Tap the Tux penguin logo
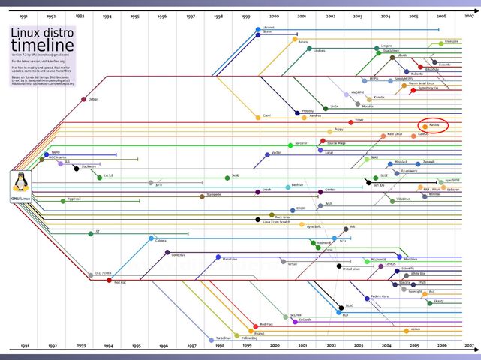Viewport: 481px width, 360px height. pos(20,182)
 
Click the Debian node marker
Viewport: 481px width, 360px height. pos(85,97)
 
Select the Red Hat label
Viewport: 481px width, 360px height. pos(121,282)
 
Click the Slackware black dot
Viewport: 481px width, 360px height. pos(77,169)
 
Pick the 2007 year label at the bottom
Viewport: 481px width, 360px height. pos(468,346)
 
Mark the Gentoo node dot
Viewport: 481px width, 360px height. pos(320,190)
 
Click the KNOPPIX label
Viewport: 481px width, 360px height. pos(357,91)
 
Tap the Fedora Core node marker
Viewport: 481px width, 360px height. pos(365,298)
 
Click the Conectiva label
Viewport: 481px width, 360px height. pos(178,255)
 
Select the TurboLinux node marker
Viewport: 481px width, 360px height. pos(211,339)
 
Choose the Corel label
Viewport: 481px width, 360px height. pos(266,116)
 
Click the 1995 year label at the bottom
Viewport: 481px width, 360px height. pos(135,346)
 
